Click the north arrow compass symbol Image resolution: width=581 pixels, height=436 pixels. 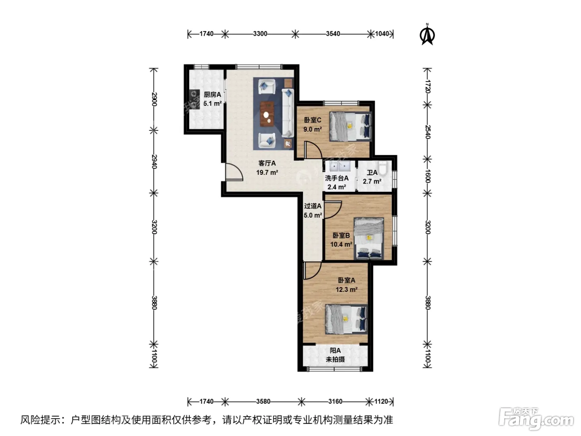coord(427,35)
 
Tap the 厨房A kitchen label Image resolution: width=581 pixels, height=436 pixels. coord(212,95)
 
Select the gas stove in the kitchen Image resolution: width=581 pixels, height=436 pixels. coord(194,99)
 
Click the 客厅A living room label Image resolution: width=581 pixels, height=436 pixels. coord(267,163)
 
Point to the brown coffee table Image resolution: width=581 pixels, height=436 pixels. coord(267,114)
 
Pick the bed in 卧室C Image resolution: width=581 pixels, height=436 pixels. coord(350,126)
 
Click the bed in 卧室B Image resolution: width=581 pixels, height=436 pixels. coord(369,238)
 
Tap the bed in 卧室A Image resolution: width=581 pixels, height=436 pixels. coord(347,319)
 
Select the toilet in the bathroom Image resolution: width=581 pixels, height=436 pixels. coord(383,168)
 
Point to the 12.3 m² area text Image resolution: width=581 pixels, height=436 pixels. coord(347,289)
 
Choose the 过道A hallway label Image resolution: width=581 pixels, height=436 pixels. coord(312,206)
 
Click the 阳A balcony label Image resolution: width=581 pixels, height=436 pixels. coord(335,350)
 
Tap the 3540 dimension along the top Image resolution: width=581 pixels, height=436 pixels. coord(333,34)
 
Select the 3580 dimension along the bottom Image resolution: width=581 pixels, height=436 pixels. coord(263,401)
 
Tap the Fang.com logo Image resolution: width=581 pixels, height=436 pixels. coord(536,418)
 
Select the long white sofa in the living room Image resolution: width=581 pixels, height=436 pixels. coord(288,113)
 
